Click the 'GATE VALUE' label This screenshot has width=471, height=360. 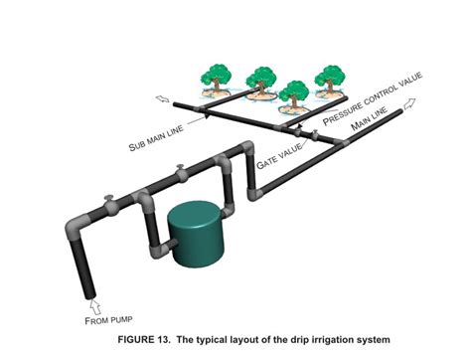[x=281, y=150]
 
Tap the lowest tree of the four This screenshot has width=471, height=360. [x=294, y=95]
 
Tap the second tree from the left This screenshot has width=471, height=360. [x=261, y=77]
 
